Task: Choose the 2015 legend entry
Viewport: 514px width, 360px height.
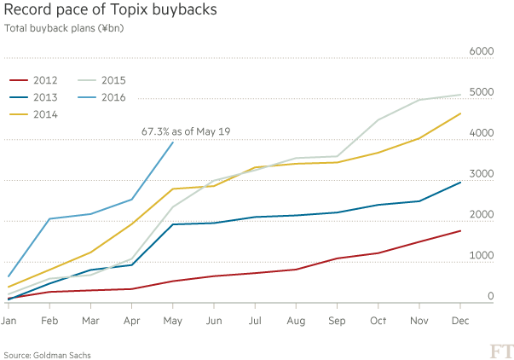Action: (x=112, y=80)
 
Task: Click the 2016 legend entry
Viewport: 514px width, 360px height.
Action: (x=112, y=97)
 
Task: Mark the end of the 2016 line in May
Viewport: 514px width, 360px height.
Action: (x=173, y=142)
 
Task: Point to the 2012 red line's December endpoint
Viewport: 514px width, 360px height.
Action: (x=461, y=230)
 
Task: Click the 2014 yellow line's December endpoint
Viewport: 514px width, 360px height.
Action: (x=461, y=113)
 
